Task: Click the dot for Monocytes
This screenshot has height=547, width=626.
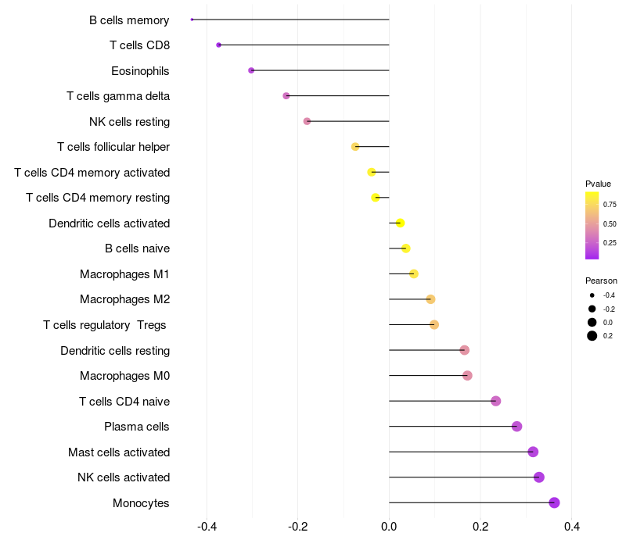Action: click(x=554, y=502)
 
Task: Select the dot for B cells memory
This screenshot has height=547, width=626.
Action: click(x=192, y=20)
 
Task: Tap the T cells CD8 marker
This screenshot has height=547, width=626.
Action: click(x=218, y=45)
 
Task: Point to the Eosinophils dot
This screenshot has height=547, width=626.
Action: click(x=251, y=70)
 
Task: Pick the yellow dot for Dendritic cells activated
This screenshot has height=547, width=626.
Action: click(x=400, y=223)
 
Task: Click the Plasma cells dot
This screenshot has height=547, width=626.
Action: click(x=516, y=426)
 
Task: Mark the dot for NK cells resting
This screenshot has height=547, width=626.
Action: click(x=307, y=121)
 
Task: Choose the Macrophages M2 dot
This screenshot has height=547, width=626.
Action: click(x=430, y=299)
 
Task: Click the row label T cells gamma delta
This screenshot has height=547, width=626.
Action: click(x=118, y=96)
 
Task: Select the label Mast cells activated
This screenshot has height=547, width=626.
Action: click(x=119, y=452)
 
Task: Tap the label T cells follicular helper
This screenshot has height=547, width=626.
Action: click(x=113, y=147)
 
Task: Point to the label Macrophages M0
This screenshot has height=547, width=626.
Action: click(x=124, y=376)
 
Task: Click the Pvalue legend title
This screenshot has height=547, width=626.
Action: click(x=598, y=184)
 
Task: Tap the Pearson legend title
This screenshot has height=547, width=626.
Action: click(x=601, y=281)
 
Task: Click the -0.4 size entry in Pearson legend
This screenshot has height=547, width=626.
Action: click(x=592, y=295)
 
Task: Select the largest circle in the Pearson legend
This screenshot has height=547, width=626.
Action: click(x=592, y=336)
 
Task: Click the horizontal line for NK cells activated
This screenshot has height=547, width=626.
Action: click(x=462, y=477)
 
